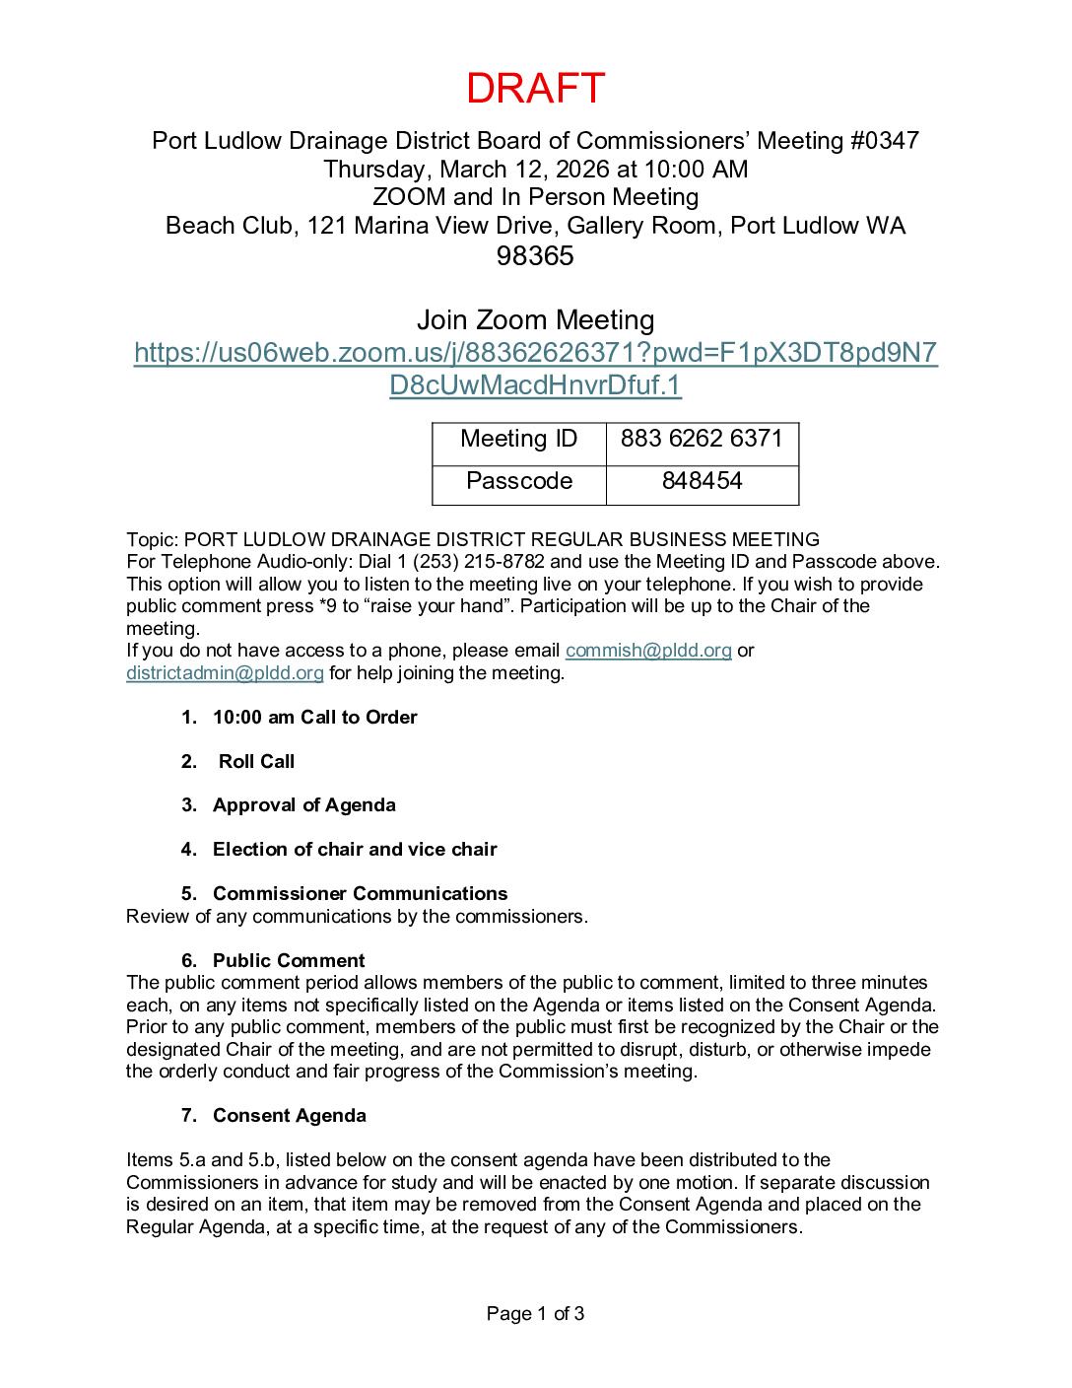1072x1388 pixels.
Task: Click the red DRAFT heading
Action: click(535, 89)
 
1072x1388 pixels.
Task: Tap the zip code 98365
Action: click(535, 256)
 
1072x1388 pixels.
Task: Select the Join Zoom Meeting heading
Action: click(535, 320)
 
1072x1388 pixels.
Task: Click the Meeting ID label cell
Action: click(519, 440)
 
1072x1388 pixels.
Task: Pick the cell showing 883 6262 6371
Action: click(702, 440)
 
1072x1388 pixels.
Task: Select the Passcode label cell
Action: click(519, 482)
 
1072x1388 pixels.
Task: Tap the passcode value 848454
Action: click(702, 482)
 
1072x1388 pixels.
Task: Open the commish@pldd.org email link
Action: click(648, 651)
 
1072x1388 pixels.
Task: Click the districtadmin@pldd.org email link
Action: click(225, 673)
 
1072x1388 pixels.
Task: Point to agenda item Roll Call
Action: click(256, 762)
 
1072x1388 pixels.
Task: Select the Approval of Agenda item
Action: click(303, 805)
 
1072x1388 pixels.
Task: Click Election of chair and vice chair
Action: click(355, 850)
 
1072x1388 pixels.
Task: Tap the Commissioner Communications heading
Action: click(360, 894)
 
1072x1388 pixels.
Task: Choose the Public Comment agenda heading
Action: click(289, 961)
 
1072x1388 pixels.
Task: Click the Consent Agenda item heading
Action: click(289, 1116)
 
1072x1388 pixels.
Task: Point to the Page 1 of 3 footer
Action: click(535, 1314)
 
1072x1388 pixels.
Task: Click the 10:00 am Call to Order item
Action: click(314, 718)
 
